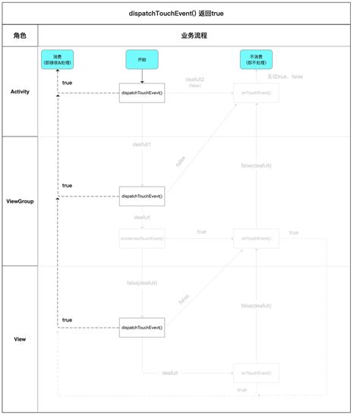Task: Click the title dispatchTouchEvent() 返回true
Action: [180, 13]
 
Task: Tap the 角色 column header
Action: [20, 36]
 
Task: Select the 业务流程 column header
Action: [194, 36]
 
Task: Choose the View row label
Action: [20, 338]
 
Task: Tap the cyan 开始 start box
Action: [141, 59]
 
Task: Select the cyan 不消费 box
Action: [256, 60]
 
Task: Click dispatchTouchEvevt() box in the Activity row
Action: [142, 93]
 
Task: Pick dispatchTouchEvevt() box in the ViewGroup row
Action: [142, 196]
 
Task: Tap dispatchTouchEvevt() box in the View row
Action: [142, 328]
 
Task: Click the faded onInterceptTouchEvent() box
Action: [142, 238]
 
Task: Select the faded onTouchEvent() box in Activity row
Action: [256, 93]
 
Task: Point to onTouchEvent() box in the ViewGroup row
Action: [256, 238]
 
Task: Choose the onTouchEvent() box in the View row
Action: [256, 372]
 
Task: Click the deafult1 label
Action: [142, 144]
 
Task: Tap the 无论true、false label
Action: [284, 77]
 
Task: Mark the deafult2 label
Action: [196, 80]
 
